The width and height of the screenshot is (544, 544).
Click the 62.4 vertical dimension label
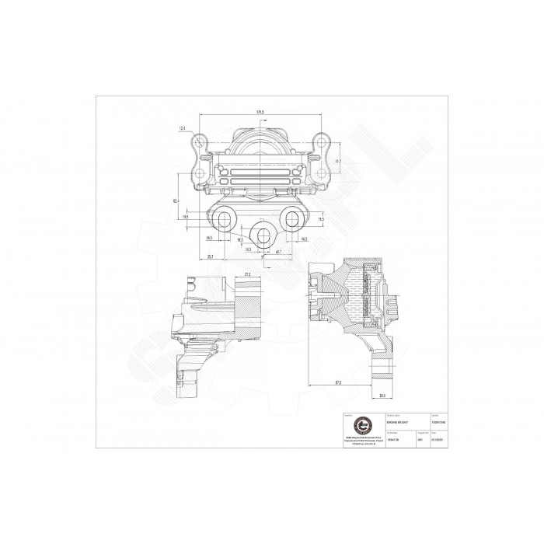tap(178, 201)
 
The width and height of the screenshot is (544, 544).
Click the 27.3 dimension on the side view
tap(246, 274)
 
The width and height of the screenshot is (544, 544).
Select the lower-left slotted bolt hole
tap(226, 218)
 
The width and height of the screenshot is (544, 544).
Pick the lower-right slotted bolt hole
tap(292, 218)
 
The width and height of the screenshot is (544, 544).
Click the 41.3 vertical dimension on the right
tap(336, 162)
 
